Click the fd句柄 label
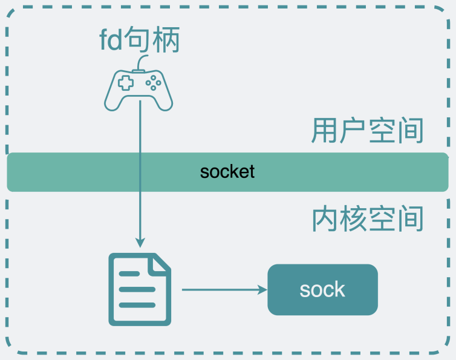[x=140, y=41]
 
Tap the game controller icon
[x=140, y=90]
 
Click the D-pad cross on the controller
[x=125, y=83]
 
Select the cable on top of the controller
[x=142, y=63]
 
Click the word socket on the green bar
[x=227, y=171]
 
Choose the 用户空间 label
[x=367, y=131]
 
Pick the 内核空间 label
[x=367, y=220]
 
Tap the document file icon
[x=140, y=289]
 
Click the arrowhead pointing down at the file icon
[x=140, y=243]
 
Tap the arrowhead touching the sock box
[x=263, y=290]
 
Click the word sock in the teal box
[x=322, y=290]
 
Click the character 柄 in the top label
[x=168, y=41]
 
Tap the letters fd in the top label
[x=110, y=41]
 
